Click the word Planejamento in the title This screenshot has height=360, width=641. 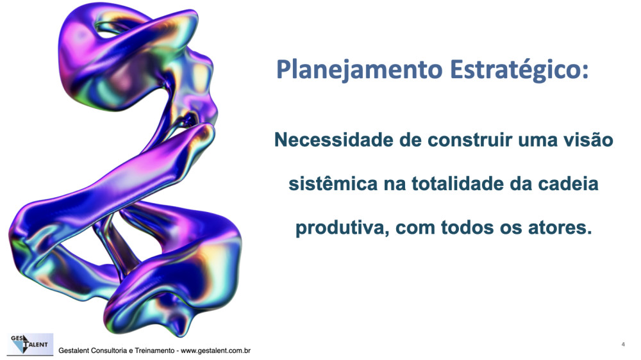point(360,70)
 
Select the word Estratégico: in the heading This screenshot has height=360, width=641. point(519,70)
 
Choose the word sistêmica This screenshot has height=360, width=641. point(333,183)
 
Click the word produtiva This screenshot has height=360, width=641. point(342,228)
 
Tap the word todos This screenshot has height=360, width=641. point(467,227)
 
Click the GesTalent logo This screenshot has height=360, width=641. point(30,344)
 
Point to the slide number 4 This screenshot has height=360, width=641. point(623,344)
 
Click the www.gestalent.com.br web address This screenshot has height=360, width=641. point(215,350)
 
